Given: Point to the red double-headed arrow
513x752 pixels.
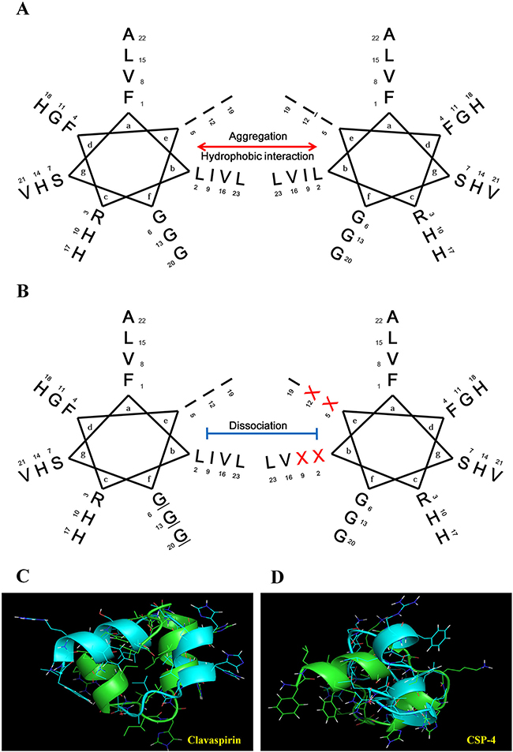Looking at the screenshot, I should pos(256,147).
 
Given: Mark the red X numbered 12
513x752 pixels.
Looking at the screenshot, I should pos(313,392).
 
